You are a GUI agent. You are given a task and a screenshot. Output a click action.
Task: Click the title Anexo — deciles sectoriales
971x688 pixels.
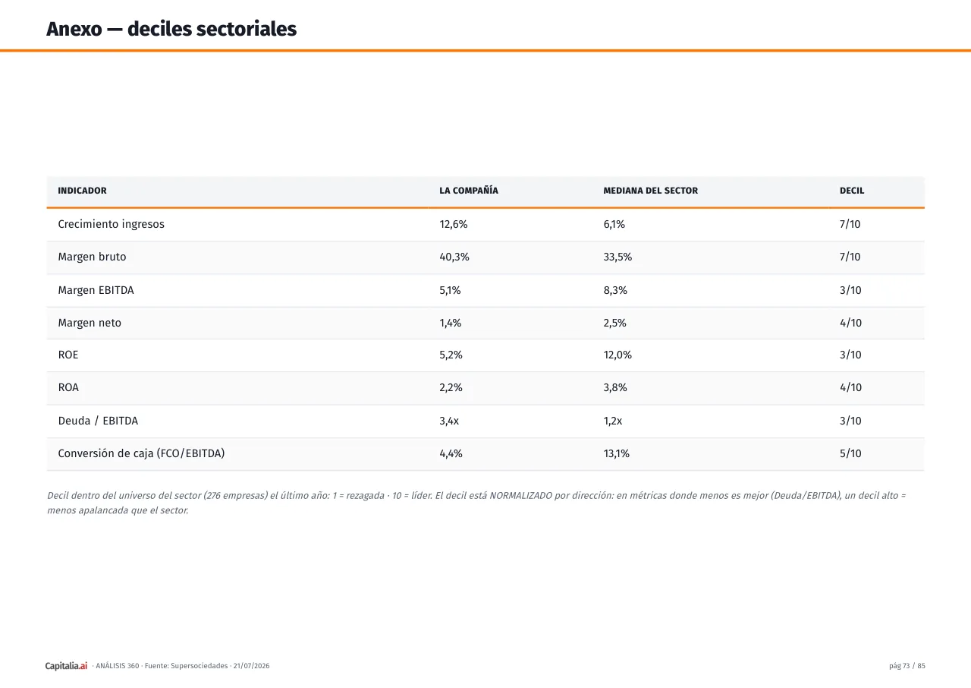(171, 29)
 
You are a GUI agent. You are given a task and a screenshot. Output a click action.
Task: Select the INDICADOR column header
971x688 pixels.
(83, 191)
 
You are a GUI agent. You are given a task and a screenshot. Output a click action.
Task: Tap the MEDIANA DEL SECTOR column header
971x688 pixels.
(651, 191)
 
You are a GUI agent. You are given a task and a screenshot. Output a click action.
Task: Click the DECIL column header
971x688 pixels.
(852, 191)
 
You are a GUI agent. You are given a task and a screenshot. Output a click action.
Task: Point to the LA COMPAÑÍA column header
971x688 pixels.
(469, 190)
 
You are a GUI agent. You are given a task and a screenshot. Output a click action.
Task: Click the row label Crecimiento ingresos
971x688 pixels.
(112, 224)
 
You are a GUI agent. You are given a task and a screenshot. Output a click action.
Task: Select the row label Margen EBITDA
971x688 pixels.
(96, 290)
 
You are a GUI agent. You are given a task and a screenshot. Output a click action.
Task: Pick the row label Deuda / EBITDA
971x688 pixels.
(98, 421)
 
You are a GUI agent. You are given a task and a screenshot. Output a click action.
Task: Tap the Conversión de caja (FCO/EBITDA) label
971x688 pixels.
(141, 453)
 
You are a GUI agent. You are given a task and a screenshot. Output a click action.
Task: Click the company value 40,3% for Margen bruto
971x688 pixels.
(454, 257)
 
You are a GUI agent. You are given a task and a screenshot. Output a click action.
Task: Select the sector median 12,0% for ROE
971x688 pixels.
(617, 355)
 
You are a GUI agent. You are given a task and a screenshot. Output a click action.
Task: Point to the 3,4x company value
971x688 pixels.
(449, 421)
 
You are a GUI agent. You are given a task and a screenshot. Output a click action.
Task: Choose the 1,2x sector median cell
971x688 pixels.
(612, 421)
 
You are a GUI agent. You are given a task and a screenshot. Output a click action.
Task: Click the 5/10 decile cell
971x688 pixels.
(850, 453)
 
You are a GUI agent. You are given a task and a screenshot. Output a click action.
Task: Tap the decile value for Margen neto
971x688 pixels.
(850, 323)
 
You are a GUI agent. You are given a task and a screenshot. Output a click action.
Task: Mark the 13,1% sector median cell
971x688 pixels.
(617, 453)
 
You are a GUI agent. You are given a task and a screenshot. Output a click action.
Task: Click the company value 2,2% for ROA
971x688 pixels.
(451, 387)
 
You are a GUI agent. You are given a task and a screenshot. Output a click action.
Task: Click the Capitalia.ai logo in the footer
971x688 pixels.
(66, 665)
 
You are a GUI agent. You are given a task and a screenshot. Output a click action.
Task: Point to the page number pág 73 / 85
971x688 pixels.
(907, 665)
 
